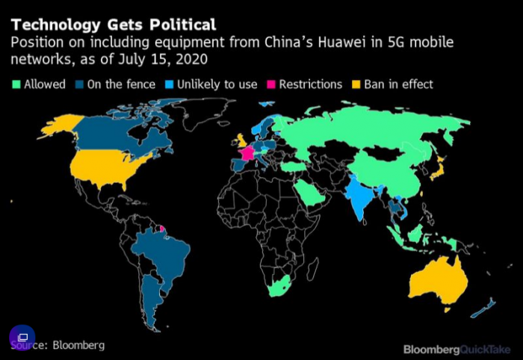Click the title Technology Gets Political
pos(114,25)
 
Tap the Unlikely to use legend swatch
pos(168,84)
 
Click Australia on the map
pos(441,280)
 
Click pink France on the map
pos(247,152)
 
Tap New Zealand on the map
pos(485,306)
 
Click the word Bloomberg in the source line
pos(78,345)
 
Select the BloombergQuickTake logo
pos(457,349)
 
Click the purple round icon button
pos(22,337)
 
